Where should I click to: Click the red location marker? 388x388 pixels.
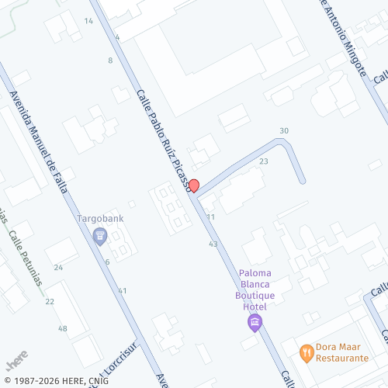tap(194, 186)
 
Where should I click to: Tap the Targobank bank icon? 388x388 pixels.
tap(99, 236)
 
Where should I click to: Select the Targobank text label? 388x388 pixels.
tap(100, 219)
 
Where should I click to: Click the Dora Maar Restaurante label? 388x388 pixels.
tap(342, 353)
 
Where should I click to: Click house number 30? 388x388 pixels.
tap(284, 130)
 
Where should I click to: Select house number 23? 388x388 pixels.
tap(264, 161)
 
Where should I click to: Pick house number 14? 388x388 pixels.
tap(88, 21)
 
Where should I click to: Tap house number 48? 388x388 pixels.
tap(63, 329)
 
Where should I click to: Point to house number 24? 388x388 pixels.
tap(58, 268)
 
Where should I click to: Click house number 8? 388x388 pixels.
tap(110, 61)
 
